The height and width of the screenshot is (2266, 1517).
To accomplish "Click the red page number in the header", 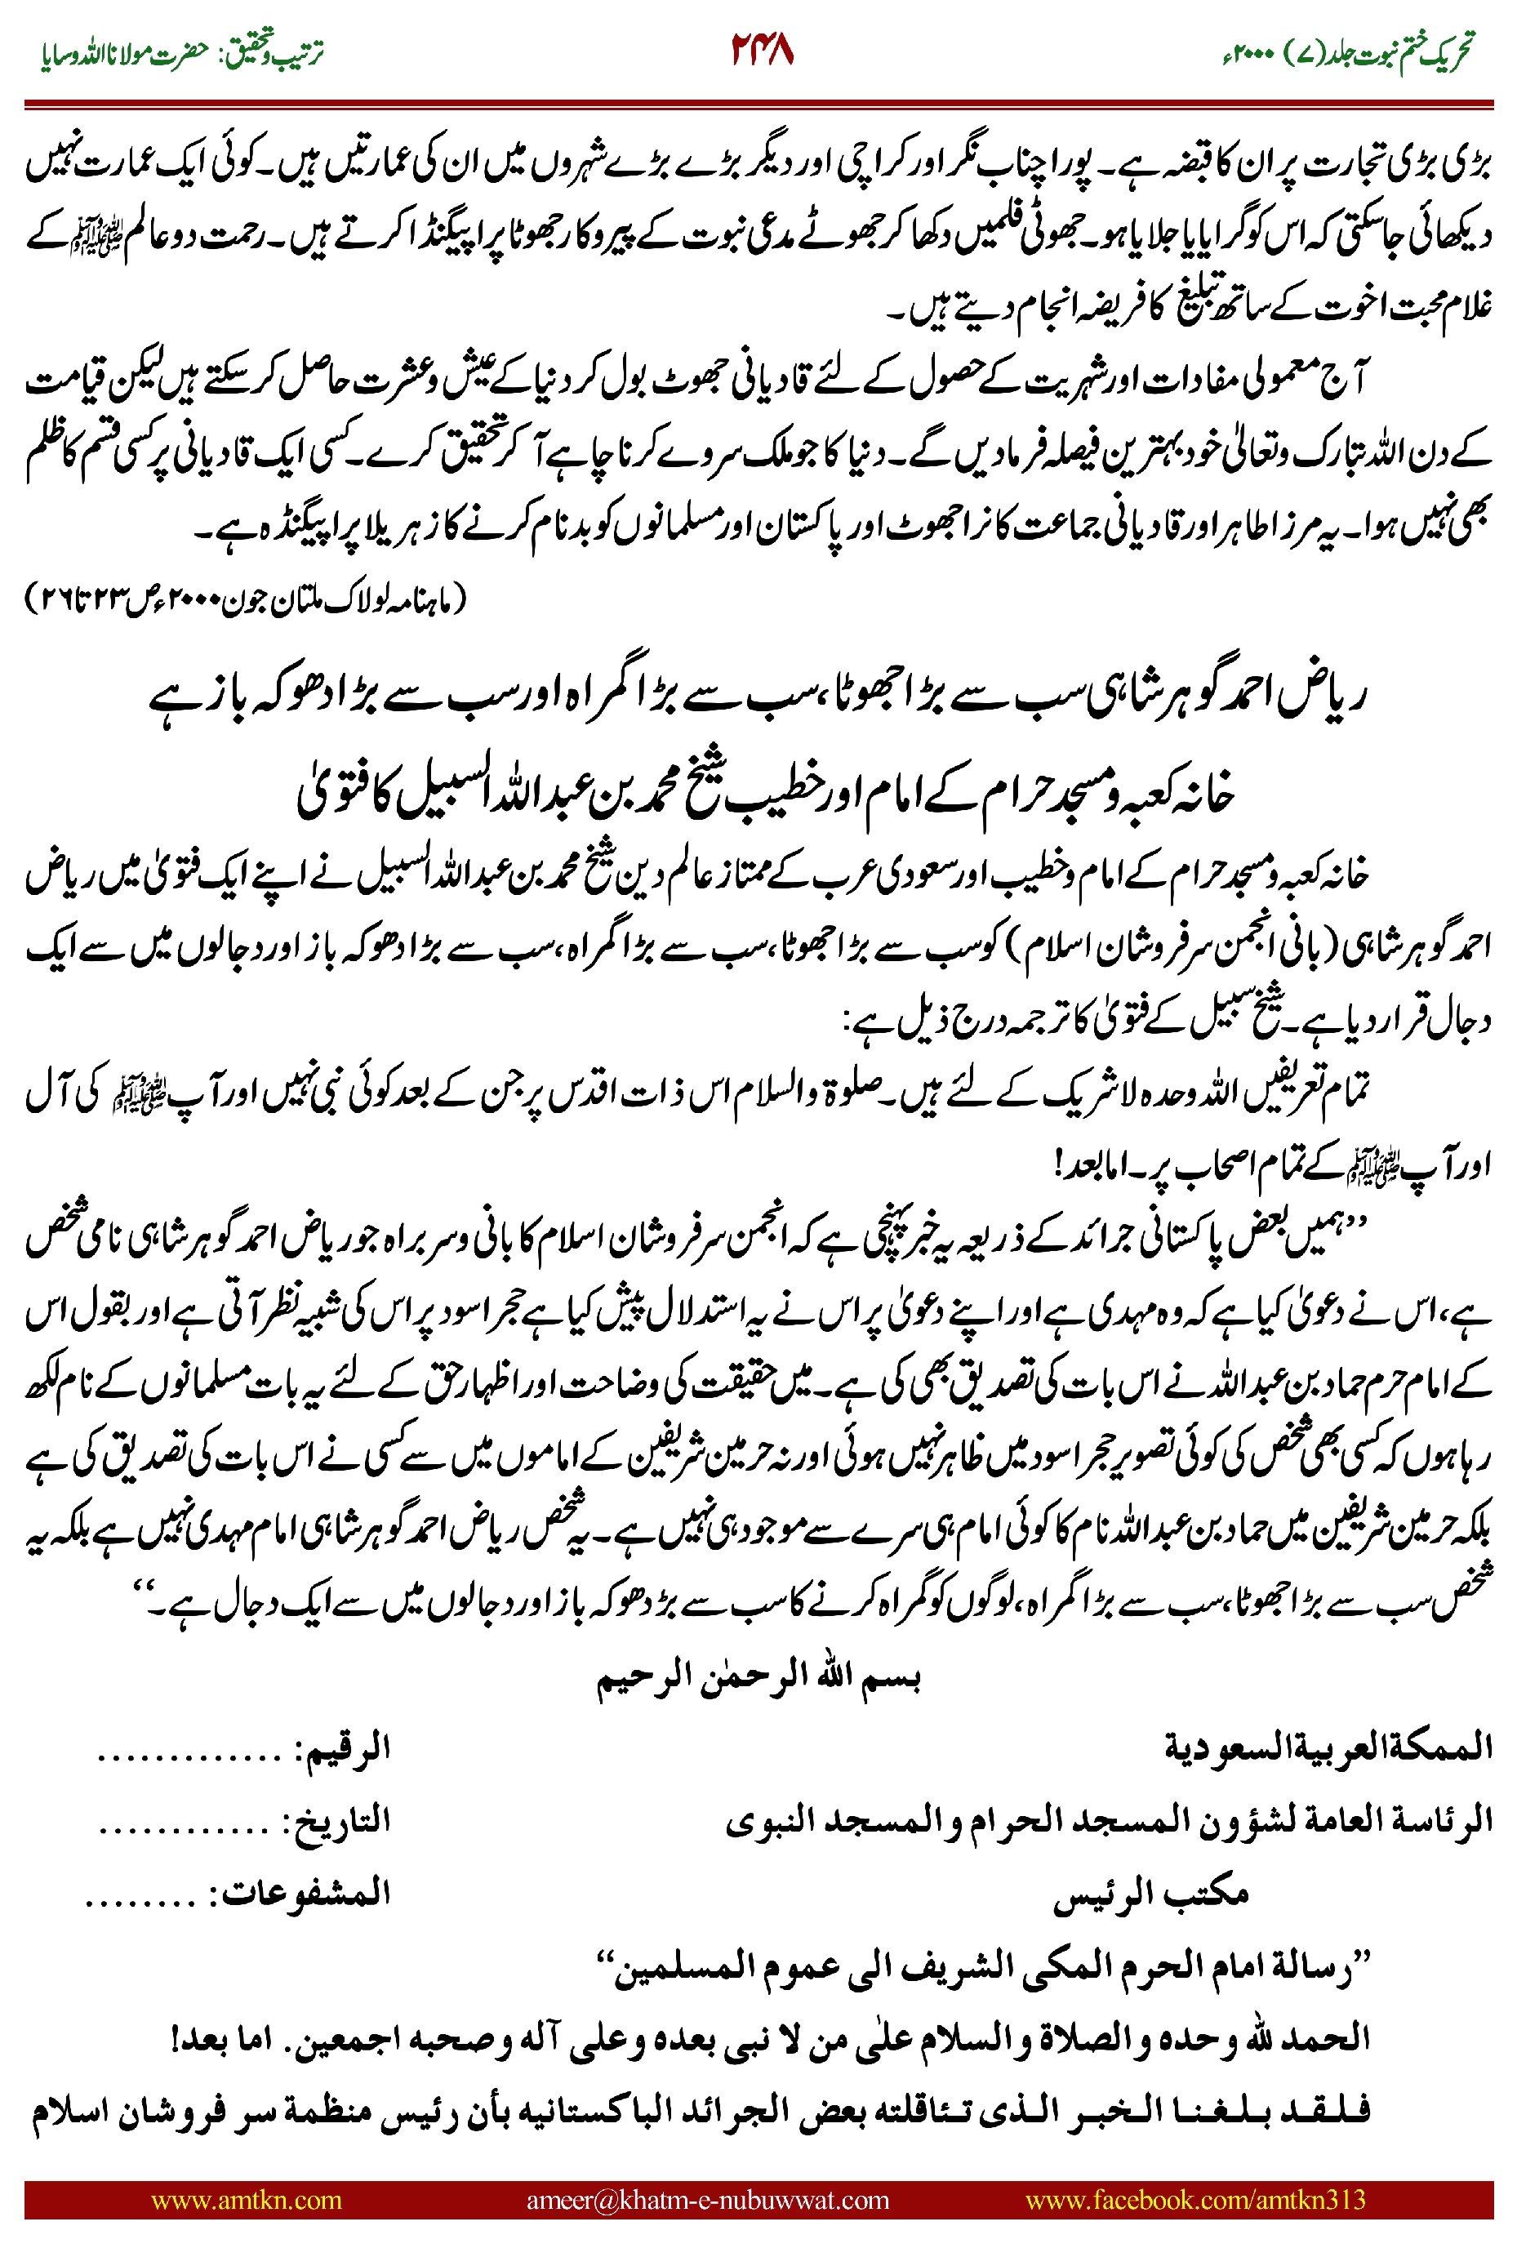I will tap(762, 51).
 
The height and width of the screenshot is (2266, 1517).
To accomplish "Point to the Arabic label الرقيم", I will tap(346, 1748).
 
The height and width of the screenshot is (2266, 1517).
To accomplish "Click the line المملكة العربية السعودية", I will tap(1328, 1748).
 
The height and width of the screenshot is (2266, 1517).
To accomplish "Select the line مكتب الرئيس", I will tap(1150, 1893).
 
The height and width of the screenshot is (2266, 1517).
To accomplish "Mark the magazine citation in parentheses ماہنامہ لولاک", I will tap(246, 601).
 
